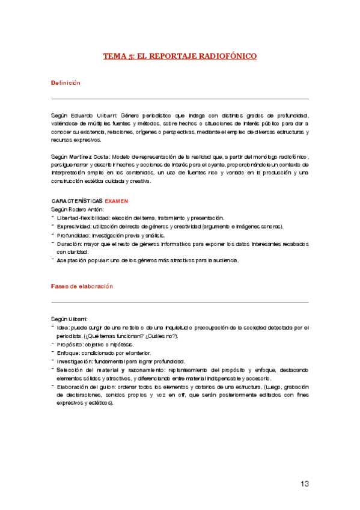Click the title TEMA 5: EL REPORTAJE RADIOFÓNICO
(x=180, y=56)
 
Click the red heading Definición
(x=66, y=82)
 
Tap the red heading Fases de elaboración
(x=82, y=287)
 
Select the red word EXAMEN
(x=116, y=200)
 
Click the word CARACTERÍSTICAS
(x=77, y=200)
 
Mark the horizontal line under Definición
(x=180, y=98)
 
